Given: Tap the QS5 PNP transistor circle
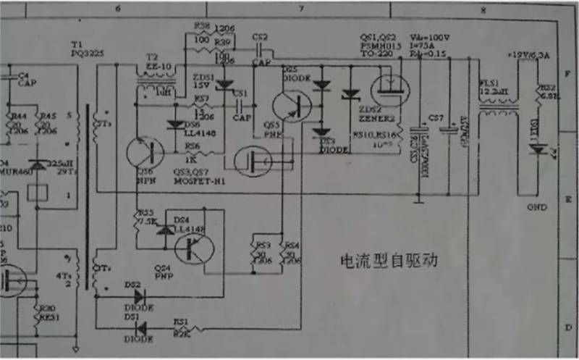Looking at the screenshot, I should [x=292, y=105].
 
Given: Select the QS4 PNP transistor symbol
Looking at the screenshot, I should [x=195, y=248].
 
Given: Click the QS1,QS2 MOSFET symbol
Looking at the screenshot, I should [x=389, y=90].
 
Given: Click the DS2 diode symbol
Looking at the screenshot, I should [x=133, y=295].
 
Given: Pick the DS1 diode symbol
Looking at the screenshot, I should [x=140, y=326].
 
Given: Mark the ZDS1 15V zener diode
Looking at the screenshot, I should [x=224, y=85].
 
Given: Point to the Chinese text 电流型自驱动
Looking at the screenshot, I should [x=390, y=259].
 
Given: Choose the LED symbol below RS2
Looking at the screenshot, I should [x=536, y=149].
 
